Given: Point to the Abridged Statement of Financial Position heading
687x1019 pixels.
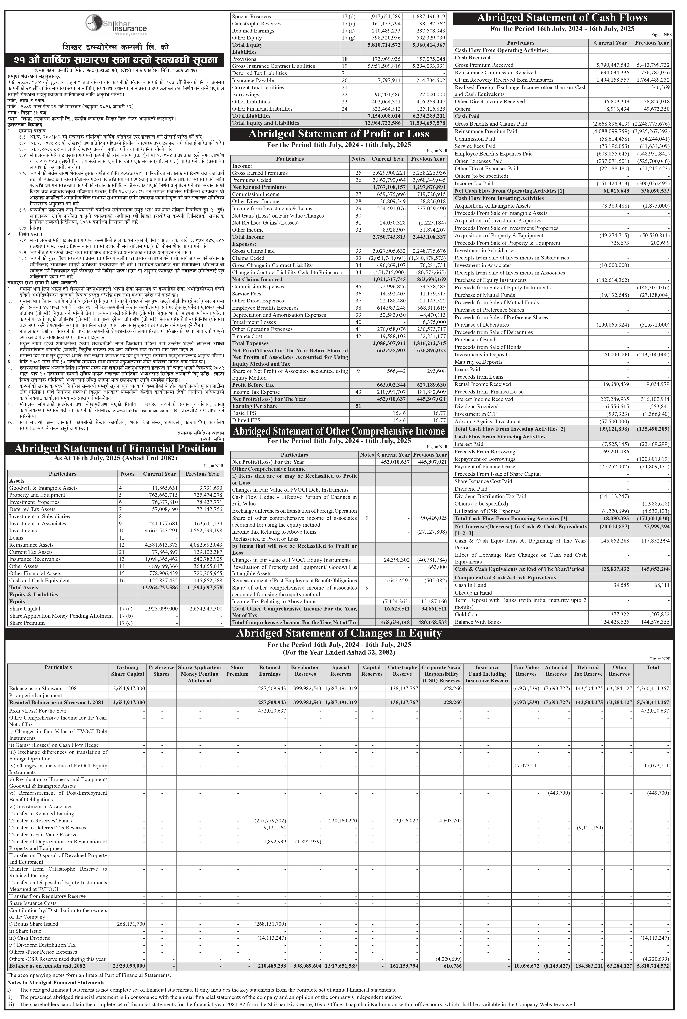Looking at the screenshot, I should coord(115,449).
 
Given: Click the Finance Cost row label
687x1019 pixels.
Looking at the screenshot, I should coord(247,336).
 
